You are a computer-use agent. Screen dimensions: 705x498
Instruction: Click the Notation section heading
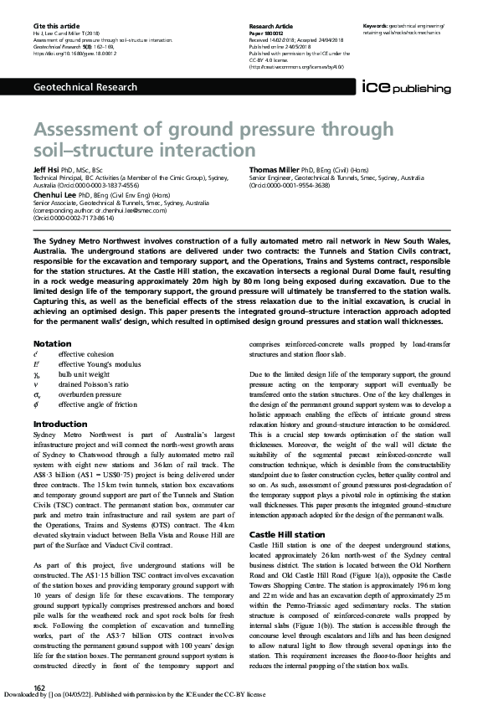click(52, 344)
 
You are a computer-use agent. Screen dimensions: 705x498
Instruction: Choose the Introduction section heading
click(59, 425)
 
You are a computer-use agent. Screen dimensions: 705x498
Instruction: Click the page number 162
click(39, 687)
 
